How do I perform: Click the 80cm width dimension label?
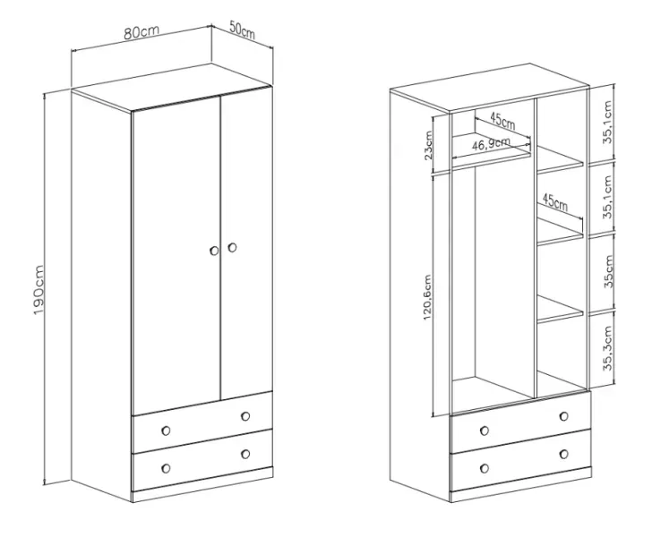142,32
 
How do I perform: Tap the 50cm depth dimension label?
242,30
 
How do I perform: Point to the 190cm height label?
39,290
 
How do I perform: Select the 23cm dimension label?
428,145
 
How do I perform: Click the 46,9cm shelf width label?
491,143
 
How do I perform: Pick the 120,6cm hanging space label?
428,297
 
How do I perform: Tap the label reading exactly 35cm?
608,271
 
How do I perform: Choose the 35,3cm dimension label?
608,348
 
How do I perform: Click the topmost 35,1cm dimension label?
608,123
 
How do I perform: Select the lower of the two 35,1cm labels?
608,197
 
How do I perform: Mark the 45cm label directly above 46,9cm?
502,121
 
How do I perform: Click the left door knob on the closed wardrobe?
214,251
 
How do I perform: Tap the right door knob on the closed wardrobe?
233,247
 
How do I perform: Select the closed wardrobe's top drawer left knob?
166,430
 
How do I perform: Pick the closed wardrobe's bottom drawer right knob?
245,454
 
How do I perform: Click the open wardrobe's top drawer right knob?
564,416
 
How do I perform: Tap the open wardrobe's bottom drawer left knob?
485,468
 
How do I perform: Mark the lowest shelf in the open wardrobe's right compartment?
560,310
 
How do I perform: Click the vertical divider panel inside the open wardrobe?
535,249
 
